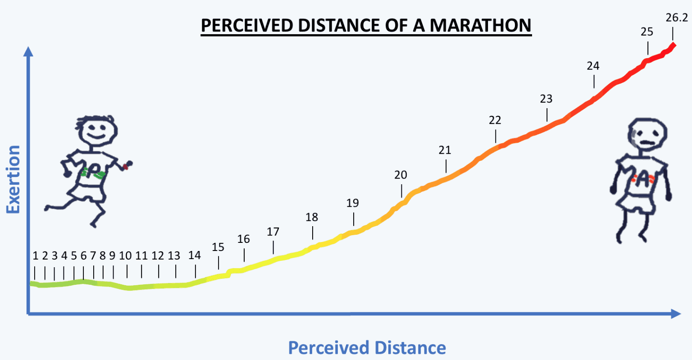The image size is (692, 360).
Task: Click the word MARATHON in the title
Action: pos(480,25)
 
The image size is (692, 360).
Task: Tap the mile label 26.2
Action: pos(677,18)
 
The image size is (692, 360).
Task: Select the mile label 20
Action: pos(401,175)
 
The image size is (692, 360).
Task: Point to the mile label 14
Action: pos(194,255)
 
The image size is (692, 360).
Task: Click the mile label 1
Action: pos(36,256)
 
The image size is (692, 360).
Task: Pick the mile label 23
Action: pos(546,99)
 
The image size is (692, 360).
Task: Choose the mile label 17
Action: pos(273,232)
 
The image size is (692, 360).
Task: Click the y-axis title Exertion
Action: pos(13,179)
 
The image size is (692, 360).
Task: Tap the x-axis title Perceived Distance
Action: pos(367,348)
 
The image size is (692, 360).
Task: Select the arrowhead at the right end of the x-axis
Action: pos(676,314)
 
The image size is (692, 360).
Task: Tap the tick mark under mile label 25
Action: pos(648,48)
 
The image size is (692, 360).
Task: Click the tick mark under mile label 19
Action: pos(354,219)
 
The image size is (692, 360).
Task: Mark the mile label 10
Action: pos(125,256)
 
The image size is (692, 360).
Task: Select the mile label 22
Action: pos(495,120)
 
